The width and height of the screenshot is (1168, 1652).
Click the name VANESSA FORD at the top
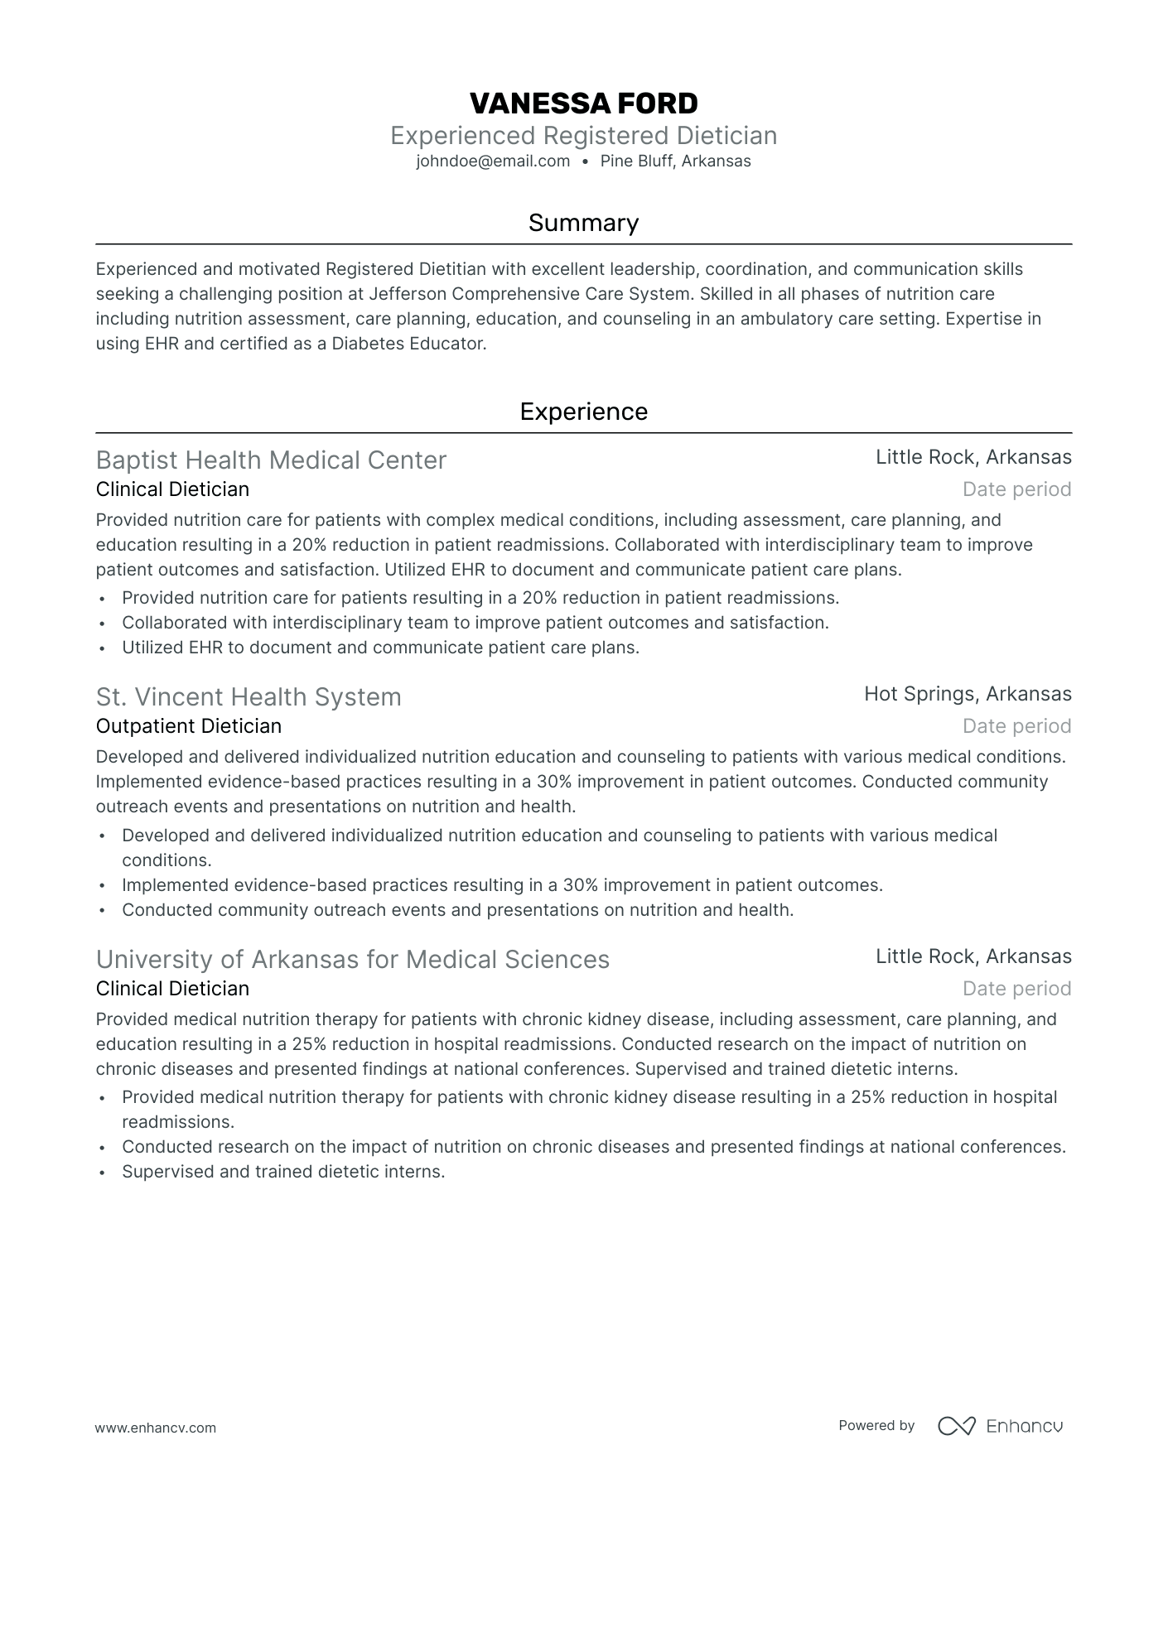click(583, 104)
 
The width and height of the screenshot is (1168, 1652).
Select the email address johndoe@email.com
click(493, 161)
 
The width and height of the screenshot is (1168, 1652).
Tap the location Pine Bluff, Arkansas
click(675, 161)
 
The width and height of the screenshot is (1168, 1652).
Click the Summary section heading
click(583, 223)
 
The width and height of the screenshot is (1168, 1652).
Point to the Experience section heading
click(583, 412)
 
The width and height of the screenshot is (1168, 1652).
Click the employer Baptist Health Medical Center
click(271, 460)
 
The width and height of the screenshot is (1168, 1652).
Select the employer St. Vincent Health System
click(249, 697)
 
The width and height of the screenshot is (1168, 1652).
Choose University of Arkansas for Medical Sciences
click(352, 960)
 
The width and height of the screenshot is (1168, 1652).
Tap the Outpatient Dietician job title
click(189, 726)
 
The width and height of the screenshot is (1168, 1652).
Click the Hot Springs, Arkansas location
click(968, 694)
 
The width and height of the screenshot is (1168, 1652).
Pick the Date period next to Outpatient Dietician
click(1016, 726)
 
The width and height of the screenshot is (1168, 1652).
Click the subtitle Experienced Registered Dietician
click(583, 136)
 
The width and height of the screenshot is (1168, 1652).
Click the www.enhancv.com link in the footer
click(156, 1428)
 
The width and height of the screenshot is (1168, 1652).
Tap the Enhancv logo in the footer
click(1000, 1426)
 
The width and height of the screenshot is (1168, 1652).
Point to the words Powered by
click(876, 1426)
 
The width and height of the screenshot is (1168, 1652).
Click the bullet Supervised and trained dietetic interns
click(283, 1172)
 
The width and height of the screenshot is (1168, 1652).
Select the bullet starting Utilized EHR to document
click(380, 648)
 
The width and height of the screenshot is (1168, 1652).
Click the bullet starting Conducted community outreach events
click(457, 910)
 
